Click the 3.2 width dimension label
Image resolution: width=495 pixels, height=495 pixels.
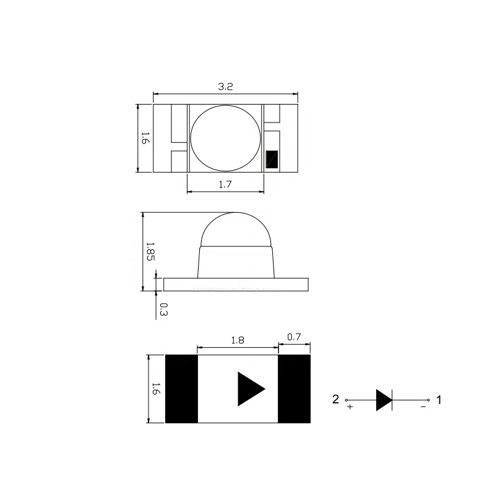[x=225, y=87]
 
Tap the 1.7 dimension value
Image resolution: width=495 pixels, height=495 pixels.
[x=225, y=184]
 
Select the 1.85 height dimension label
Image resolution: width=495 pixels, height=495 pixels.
[x=150, y=251]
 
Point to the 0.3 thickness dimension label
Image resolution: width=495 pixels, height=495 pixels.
[x=163, y=309]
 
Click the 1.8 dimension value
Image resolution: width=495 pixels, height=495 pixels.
[x=237, y=340]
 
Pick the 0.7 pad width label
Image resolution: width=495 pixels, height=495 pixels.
[x=294, y=337]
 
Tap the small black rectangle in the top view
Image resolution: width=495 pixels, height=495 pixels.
[x=272, y=160]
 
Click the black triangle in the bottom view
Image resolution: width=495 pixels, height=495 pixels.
[x=249, y=389]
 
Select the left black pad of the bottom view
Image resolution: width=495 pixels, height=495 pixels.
[x=181, y=389]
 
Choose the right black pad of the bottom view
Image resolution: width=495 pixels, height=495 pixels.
[x=294, y=389]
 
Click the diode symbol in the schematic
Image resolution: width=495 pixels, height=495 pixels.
[x=384, y=400]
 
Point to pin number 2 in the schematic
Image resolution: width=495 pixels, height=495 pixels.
[x=336, y=400]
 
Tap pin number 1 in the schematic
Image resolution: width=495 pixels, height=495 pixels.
[x=439, y=400]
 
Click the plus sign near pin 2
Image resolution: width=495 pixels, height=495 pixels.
[x=350, y=408]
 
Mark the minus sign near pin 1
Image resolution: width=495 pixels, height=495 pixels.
[x=423, y=407]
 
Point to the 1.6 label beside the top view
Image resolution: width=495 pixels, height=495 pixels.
[x=144, y=137]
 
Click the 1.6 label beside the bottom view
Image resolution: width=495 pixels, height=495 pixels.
[x=155, y=389]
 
